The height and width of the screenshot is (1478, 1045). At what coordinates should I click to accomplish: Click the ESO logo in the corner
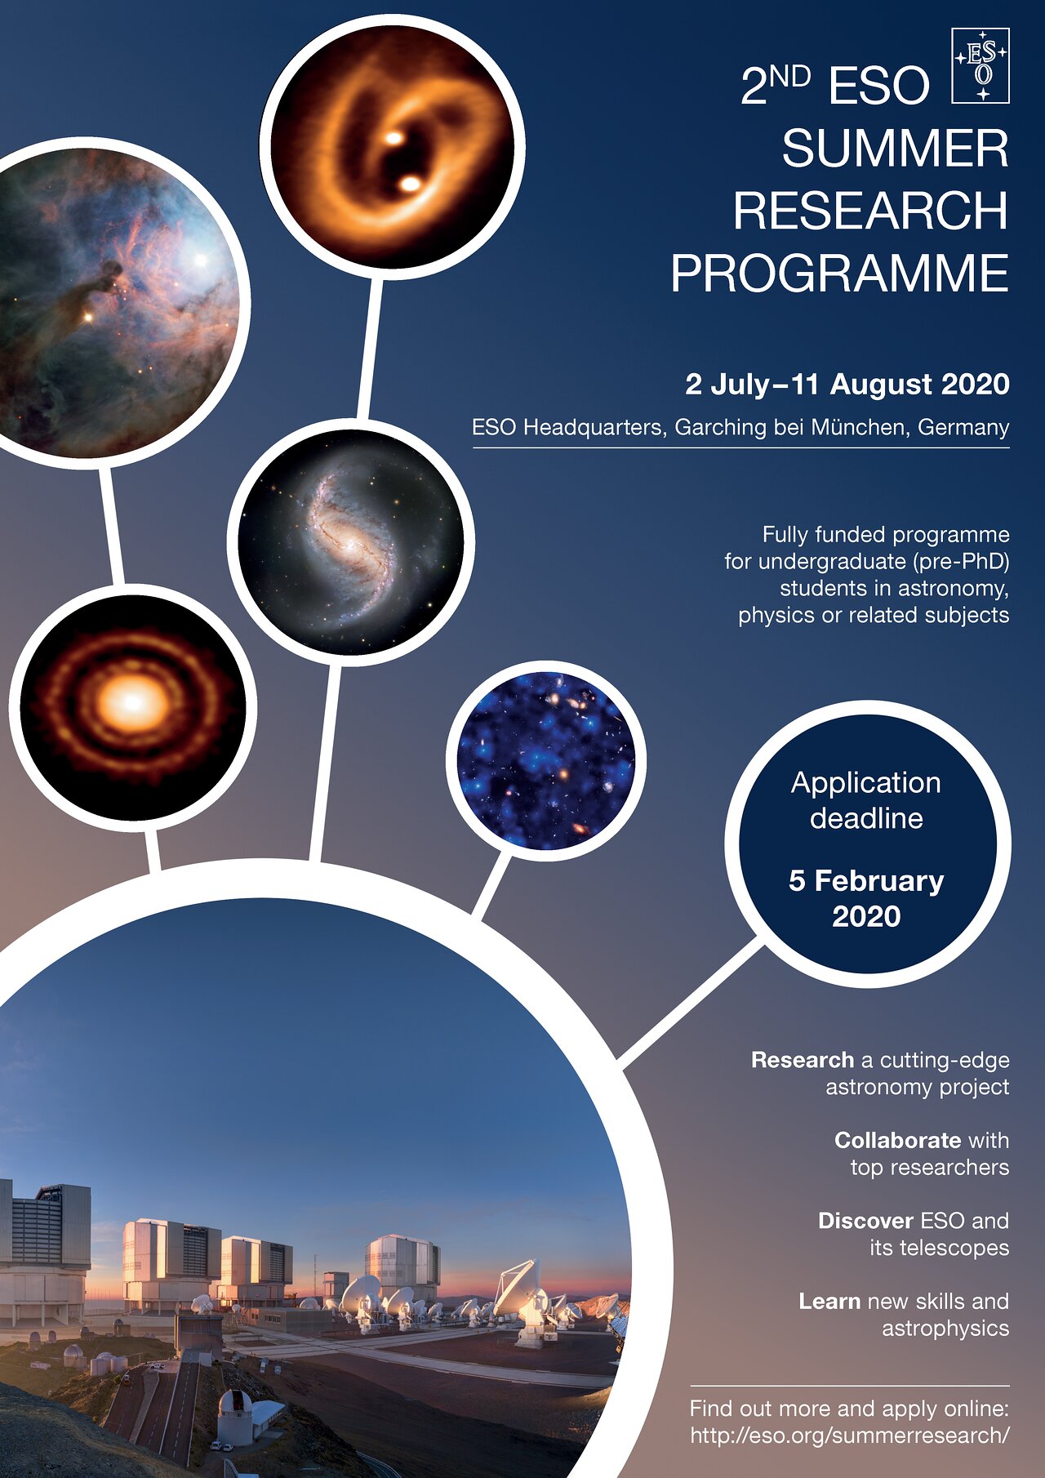pyautogui.click(x=981, y=65)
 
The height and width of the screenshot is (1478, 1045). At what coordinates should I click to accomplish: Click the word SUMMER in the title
pyautogui.click(x=895, y=149)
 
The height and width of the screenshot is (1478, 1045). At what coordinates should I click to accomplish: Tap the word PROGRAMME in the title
pyautogui.click(x=839, y=273)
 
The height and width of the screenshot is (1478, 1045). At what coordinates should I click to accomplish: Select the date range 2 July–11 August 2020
pyautogui.click(x=847, y=384)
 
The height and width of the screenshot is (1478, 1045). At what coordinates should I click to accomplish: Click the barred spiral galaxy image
pyautogui.click(x=351, y=541)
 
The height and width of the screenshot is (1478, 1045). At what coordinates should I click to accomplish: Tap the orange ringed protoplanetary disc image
pyautogui.click(x=132, y=707)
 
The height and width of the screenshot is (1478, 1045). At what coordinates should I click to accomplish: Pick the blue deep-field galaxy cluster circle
pyautogui.click(x=546, y=760)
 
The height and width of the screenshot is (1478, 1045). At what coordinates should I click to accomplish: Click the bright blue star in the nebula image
pyautogui.click(x=200, y=260)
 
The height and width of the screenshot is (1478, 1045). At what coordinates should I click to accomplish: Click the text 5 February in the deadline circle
pyautogui.click(x=866, y=881)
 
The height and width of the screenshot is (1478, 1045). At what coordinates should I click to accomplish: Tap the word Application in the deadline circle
pyautogui.click(x=865, y=783)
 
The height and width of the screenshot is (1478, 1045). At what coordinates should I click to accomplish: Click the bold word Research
pyautogui.click(x=803, y=1060)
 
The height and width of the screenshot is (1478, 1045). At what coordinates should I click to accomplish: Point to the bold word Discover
pyautogui.click(x=865, y=1221)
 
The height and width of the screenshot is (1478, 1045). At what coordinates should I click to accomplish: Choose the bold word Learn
pyautogui.click(x=829, y=1301)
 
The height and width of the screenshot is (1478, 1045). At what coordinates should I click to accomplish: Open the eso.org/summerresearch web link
pyautogui.click(x=850, y=1435)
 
